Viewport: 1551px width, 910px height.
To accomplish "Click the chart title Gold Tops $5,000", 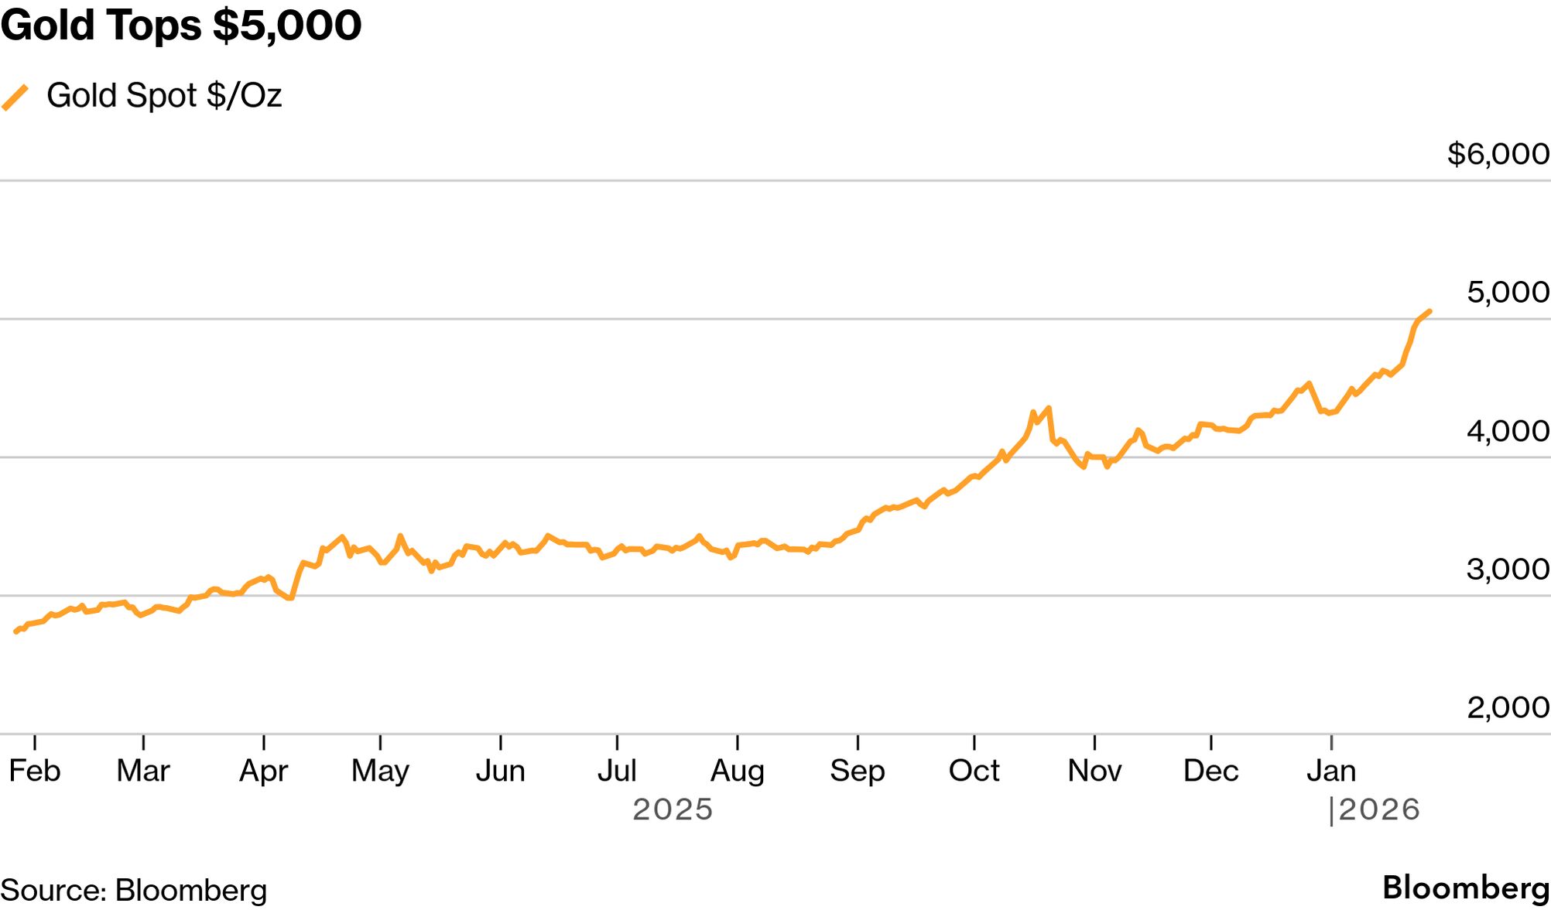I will click(180, 25).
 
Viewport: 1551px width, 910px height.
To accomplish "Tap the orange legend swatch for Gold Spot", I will click(15, 97).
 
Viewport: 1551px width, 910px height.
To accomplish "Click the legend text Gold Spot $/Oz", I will click(164, 95).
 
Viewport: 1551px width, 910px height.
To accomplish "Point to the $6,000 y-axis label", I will click(1498, 154).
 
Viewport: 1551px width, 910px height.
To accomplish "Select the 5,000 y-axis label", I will click(1508, 292).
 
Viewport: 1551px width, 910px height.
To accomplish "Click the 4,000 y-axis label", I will click(1508, 431).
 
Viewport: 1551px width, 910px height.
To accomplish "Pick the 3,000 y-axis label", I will click(1508, 570).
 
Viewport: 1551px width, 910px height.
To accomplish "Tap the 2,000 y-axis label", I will click(1508, 707).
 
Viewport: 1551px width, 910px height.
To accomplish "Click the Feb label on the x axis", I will click(35, 771).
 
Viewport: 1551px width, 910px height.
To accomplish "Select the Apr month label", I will click(263, 771).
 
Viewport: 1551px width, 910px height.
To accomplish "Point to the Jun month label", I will click(500, 771).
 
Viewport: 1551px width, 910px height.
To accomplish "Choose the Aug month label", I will click(737, 771).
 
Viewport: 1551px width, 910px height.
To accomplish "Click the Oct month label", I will click(974, 771).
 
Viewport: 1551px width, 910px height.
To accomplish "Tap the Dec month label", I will click(1210, 771).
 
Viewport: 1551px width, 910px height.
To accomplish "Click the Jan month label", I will click(1331, 771).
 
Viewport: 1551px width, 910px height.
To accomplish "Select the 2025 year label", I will click(673, 809).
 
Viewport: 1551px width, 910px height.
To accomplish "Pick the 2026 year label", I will click(1379, 809).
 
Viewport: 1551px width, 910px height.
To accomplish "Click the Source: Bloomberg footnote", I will click(134, 891).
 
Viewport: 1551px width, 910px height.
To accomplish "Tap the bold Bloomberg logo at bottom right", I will click(1466, 888).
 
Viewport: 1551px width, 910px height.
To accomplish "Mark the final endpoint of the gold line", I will click(1429, 311).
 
